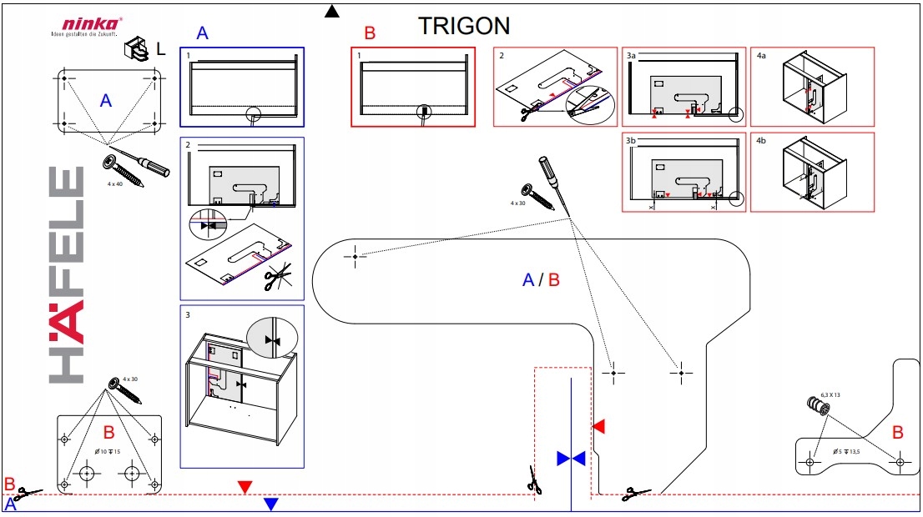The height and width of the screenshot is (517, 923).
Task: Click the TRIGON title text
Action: click(x=463, y=26)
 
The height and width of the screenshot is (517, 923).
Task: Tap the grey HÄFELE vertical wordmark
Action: click(x=67, y=275)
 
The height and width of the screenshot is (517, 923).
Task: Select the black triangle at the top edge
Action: click(x=332, y=11)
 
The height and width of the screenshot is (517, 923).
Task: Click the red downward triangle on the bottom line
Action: click(x=244, y=487)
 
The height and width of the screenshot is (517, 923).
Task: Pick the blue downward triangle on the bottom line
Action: click(x=270, y=504)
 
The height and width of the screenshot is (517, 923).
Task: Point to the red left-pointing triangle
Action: click(x=598, y=427)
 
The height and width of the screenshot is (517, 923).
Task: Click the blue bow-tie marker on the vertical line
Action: click(x=571, y=458)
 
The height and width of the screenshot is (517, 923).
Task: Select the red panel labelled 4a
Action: click(x=812, y=87)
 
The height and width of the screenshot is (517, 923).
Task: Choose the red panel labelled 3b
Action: click(x=683, y=172)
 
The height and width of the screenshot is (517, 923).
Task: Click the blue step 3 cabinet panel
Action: click(x=242, y=386)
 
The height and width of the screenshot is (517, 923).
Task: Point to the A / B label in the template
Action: click(x=541, y=280)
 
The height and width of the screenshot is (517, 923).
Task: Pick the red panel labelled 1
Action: click(x=413, y=87)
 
